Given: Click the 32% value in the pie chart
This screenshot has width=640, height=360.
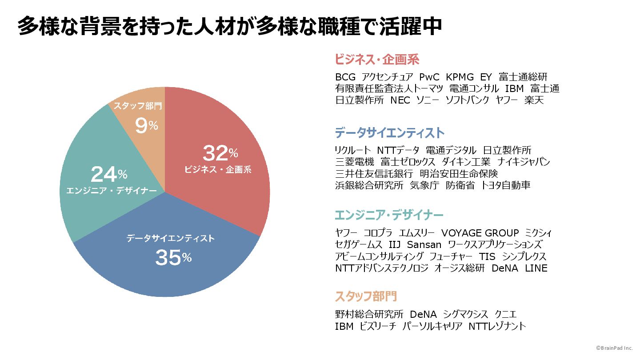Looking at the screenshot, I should (220, 153).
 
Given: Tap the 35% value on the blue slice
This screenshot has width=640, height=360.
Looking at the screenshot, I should (173, 258).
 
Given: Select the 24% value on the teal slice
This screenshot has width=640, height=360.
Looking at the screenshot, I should (109, 174).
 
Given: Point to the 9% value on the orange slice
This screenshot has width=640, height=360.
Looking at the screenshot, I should (146, 126).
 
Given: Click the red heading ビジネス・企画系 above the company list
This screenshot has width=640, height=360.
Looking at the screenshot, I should (377, 60).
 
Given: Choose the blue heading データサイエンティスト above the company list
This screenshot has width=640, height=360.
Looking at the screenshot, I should (389, 132).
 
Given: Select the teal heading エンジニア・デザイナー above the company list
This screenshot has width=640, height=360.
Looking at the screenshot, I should (389, 216).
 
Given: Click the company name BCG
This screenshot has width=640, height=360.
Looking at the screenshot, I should (345, 77).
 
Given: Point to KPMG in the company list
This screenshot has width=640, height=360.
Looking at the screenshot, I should (460, 77).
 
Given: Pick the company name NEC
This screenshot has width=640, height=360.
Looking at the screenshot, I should (400, 100).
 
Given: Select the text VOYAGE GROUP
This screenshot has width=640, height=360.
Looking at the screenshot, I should (480, 233).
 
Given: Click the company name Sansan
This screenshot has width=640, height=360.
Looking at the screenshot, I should (424, 244).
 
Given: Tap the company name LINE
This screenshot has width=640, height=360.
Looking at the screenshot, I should (536, 268).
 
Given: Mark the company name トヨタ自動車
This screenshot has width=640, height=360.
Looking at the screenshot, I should (506, 185).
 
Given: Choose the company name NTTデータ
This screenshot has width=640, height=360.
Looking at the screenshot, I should (398, 150).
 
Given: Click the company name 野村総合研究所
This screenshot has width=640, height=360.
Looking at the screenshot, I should (369, 314).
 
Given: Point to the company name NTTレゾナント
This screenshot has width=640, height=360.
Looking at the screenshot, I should (497, 326).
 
